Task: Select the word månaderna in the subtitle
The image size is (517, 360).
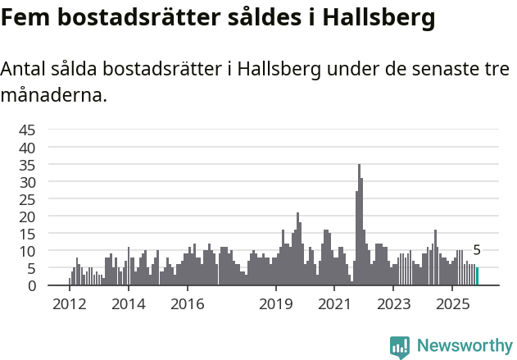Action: [53, 95]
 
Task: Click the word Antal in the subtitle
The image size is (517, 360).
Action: [24, 70]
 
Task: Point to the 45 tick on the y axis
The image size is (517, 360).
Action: [27, 130]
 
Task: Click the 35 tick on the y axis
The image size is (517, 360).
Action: [27, 165]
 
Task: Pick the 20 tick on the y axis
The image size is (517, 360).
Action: [27, 216]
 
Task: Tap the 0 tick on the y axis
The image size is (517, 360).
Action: [32, 285]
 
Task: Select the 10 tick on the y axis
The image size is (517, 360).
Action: [27, 251]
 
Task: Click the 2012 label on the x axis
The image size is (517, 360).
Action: [69, 304]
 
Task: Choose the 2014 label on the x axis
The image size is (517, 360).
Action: [128, 304]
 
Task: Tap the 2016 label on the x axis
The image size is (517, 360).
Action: [187, 304]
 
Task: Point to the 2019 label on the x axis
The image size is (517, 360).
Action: [276, 304]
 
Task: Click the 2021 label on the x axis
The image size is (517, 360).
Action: [334, 304]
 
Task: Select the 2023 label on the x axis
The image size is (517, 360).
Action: [393, 304]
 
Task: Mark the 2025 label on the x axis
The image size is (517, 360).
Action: [452, 304]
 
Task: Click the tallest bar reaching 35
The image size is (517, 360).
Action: [359, 226]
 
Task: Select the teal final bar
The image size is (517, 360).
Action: [477, 276]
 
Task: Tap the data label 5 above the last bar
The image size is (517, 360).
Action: [477, 251]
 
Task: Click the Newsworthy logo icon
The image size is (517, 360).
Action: [400, 347]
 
